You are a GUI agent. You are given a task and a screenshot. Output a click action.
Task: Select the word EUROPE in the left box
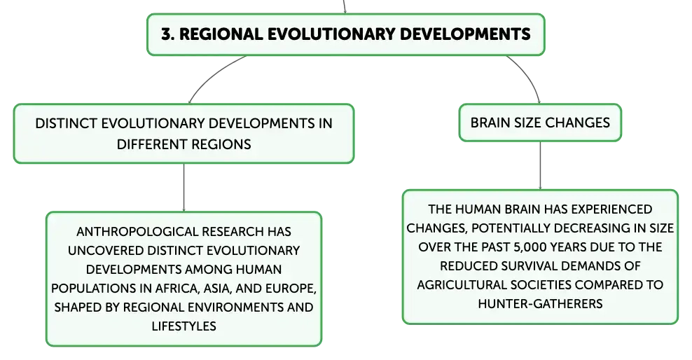pyautogui.click(x=291, y=288)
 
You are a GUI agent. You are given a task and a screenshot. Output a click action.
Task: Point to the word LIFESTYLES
pyautogui.click(x=184, y=326)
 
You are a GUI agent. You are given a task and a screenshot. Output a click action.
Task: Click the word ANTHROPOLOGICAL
pyautogui.click(x=132, y=232)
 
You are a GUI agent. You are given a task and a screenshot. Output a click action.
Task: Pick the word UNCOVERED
pyautogui.click(x=106, y=251)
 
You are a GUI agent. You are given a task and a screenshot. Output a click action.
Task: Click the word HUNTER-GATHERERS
pyautogui.click(x=540, y=303)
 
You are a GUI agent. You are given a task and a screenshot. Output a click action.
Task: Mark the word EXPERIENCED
pyautogui.click(x=615, y=209)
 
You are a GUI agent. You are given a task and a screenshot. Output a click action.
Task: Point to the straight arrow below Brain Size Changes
pyautogui.click(x=540, y=165)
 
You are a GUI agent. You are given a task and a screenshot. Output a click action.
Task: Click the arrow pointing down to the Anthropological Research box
pyautogui.click(x=184, y=188)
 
